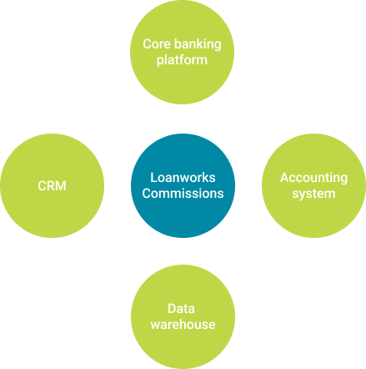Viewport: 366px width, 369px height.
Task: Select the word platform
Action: coord(182,60)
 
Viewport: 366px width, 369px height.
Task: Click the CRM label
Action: coord(52,186)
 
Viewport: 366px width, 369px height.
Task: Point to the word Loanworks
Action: coord(183,178)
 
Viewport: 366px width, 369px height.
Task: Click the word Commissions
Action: coord(183,194)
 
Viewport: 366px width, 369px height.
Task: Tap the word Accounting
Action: coord(313,179)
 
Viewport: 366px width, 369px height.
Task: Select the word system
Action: coord(313,194)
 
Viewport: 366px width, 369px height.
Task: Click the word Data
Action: coord(181,309)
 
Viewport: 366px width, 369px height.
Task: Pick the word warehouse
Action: coord(183,325)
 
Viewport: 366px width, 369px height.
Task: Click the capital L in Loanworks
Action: coord(153,178)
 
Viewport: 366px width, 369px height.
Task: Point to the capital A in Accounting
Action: coord(284,178)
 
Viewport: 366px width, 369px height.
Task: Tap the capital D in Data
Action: coord(172,309)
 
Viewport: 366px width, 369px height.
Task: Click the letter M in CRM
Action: coord(61,186)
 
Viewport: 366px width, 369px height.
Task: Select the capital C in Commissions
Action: coord(147,194)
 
